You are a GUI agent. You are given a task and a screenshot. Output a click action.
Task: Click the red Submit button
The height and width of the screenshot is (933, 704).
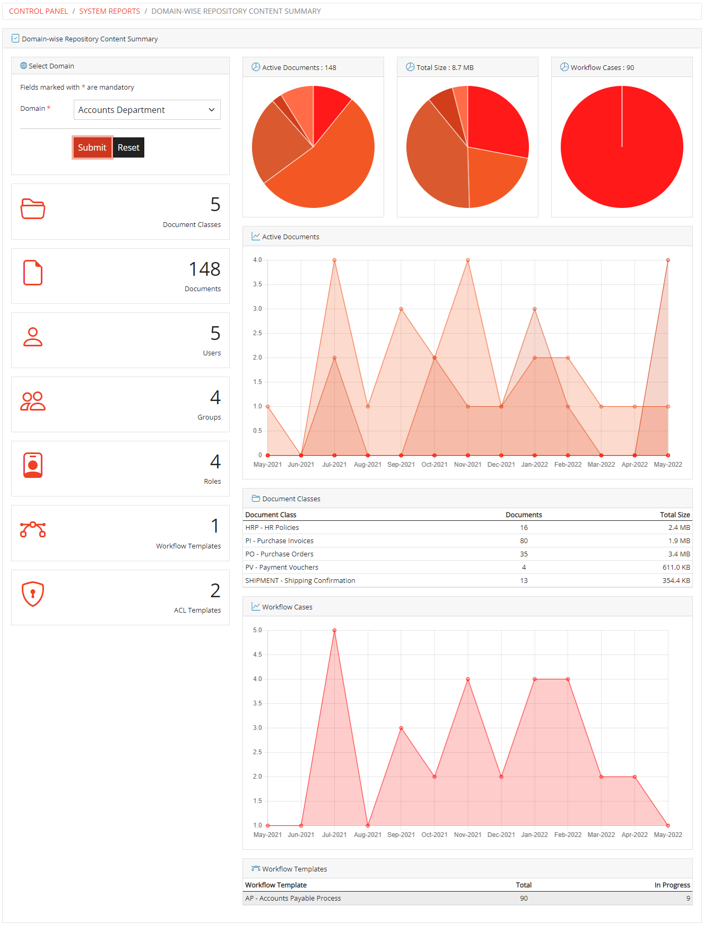click(x=92, y=147)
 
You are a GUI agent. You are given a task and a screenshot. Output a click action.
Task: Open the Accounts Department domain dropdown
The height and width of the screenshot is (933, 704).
click(x=147, y=110)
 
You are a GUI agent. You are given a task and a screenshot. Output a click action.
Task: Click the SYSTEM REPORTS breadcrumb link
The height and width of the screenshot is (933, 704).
click(x=109, y=11)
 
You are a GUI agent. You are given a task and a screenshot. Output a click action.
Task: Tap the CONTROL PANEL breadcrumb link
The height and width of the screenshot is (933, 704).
click(x=38, y=11)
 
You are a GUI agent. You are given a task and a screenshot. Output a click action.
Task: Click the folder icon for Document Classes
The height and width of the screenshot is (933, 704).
click(x=33, y=208)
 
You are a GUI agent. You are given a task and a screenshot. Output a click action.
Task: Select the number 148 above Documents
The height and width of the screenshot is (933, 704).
click(x=204, y=269)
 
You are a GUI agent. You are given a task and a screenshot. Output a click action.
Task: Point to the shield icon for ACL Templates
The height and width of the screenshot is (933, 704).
click(x=33, y=594)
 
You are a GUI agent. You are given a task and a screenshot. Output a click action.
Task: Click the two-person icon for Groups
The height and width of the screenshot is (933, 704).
click(x=33, y=402)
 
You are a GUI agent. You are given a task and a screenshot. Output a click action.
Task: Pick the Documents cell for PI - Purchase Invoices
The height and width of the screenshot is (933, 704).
click(x=524, y=541)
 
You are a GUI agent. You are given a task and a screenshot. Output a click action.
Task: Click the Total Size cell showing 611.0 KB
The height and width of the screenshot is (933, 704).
click(x=676, y=568)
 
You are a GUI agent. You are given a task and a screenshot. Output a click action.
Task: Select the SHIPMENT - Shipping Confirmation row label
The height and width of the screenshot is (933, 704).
click(x=300, y=581)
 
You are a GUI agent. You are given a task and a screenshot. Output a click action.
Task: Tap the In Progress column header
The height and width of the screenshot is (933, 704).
click(x=672, y=885)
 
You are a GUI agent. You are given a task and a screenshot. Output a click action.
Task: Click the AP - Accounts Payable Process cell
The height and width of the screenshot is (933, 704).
click(x=293, y=899)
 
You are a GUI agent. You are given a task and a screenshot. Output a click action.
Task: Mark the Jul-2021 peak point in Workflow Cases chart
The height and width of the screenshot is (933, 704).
click(x=334, y=631)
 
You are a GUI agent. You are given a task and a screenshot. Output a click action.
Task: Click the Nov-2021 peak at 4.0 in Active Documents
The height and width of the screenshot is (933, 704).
click(x=468, y=260)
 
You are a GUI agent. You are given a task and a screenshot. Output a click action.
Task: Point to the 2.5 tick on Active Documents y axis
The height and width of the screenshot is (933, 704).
click(x=257, y=333)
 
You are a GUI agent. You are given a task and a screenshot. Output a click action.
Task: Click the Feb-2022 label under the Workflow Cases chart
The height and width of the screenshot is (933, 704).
click(x=568, y=835)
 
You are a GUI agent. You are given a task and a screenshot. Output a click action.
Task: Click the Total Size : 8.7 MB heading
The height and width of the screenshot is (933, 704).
click(x=445, y=67)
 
